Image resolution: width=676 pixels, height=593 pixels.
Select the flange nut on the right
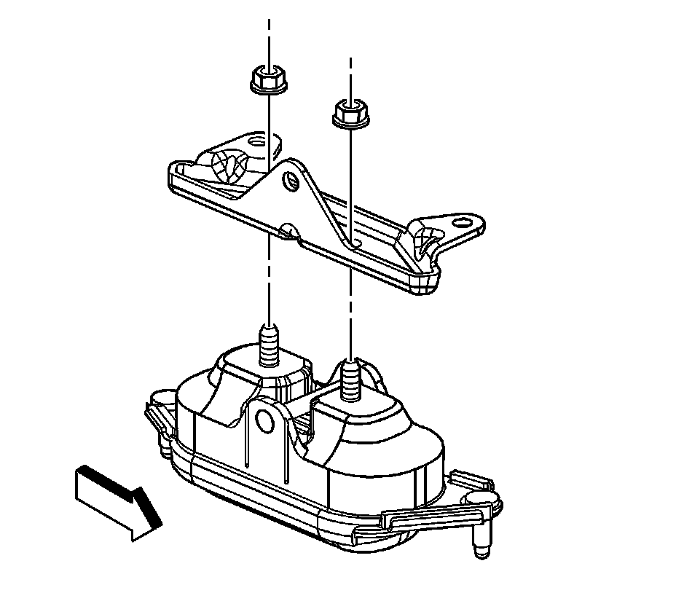(x=350, y=114)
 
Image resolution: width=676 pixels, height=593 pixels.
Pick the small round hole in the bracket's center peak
(x=291, y=180)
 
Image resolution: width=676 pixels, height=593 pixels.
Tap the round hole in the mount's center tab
(x=265, y=422)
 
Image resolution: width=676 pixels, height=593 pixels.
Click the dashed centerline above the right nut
(x=351, y=76)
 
